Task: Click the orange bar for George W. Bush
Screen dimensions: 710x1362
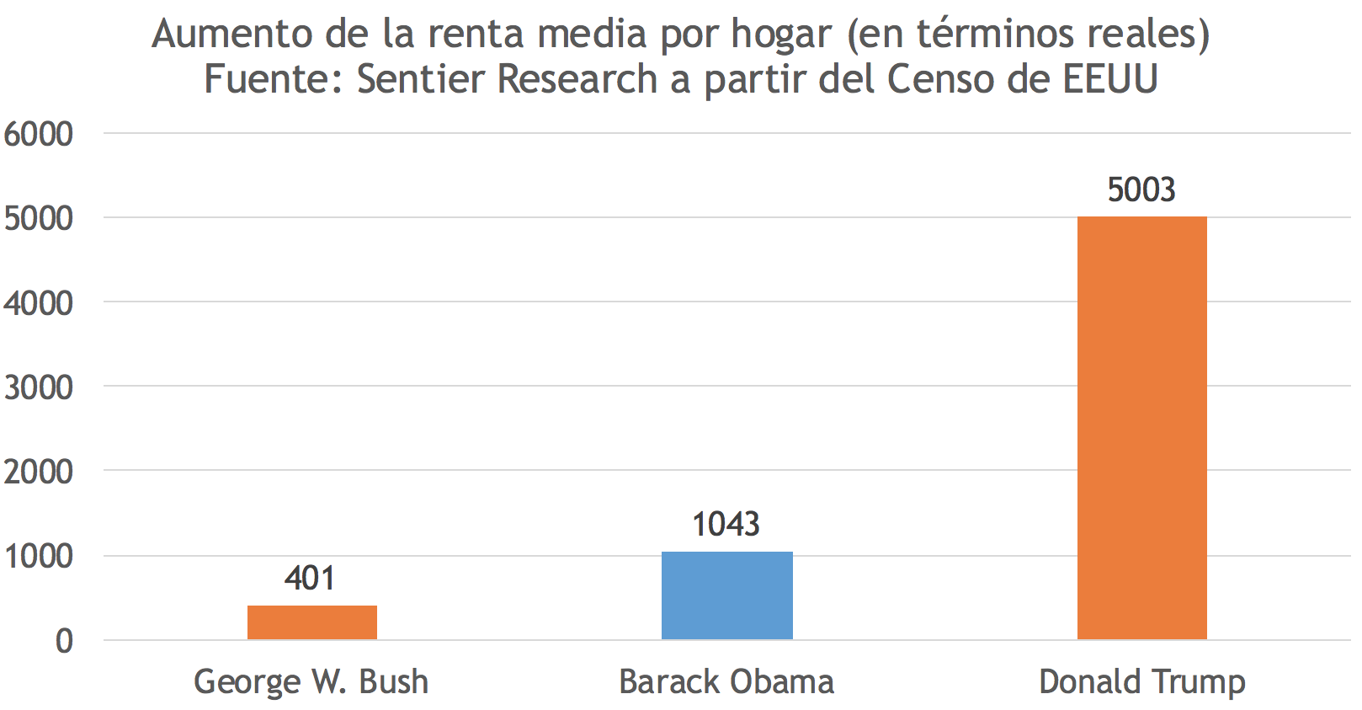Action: tap(311, 622)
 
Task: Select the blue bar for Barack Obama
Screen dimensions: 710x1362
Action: tap(726, 595)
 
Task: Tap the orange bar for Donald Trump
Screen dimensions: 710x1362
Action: tap(1141, 428)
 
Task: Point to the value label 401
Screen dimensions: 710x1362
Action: tap(310, 579)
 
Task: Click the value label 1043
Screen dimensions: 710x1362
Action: tap(726, 525)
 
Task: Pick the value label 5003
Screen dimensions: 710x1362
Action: tap(1141, 190)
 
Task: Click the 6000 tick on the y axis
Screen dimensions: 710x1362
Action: tap(39, 134)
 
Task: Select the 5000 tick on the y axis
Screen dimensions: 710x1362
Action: tap(39, 218)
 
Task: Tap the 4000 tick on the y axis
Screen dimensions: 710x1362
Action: tap(39, 303)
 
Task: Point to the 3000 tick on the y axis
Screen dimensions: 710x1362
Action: tap(39, 387)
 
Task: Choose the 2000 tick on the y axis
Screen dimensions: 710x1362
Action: tap(39, 472)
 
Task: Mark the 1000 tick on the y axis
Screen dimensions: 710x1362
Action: tap(39, 556)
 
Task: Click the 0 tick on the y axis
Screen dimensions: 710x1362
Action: tap(64, 641)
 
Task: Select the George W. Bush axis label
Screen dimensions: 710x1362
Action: tap(311, 681)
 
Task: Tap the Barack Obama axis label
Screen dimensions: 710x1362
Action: tap(726, 681)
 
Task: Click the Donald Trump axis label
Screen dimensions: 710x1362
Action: tap(1141, 681)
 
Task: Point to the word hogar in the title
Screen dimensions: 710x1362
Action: tap(780, 35)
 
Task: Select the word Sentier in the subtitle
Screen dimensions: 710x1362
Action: tap(422, 80)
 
